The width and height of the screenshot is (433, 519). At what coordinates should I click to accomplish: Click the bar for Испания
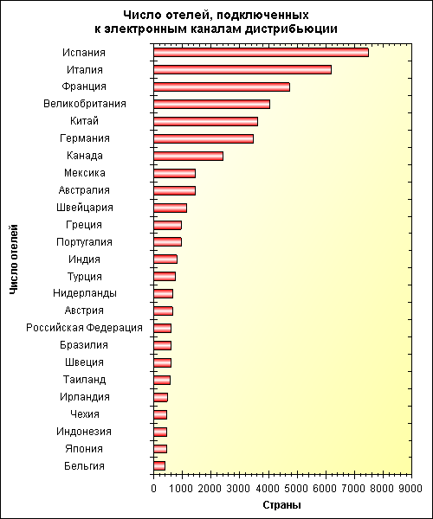coord(261,52)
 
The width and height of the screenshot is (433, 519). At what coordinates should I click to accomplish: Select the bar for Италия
coord(242,69)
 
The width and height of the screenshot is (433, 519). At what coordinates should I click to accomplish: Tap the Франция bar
coord(222,86)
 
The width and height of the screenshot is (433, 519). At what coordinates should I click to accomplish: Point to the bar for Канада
coord(189,156)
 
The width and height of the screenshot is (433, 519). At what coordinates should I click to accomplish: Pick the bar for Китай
coord(206,121)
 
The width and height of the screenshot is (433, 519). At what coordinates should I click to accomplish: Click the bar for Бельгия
coord(159,465)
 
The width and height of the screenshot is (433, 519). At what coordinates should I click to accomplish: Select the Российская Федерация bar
coord(162,328)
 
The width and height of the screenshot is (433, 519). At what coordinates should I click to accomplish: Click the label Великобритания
coord(85,104)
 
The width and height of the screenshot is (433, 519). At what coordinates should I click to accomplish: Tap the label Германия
coord(85,138)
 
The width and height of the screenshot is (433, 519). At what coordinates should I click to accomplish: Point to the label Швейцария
coord(85,208)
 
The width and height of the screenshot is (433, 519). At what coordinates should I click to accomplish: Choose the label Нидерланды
coord(85,293)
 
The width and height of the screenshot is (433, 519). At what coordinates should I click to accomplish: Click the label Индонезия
coord(84,432)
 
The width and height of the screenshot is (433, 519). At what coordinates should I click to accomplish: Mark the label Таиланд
coord(85,380)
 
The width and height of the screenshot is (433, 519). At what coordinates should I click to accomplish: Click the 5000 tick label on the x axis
coord(297,488)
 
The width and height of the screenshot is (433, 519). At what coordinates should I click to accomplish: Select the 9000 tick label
coord(412,488)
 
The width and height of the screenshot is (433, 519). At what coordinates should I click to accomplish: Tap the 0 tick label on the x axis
coord(153,488)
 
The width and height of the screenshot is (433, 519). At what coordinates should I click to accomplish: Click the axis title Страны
coord(282,505)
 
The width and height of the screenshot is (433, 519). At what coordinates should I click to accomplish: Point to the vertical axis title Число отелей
coord(13,259)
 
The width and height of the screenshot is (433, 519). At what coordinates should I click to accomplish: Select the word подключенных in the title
coord(263,16)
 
